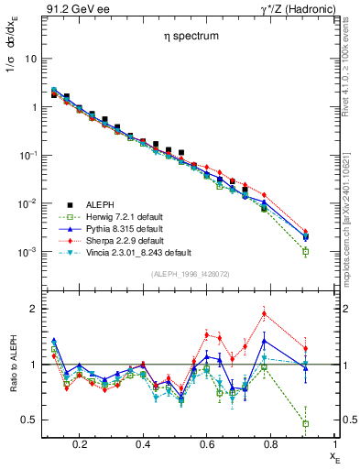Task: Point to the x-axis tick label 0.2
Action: (x=80, y=444)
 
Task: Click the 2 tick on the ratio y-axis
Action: (x=32, y=309)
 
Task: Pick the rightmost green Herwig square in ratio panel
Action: (x=305, y=423)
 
